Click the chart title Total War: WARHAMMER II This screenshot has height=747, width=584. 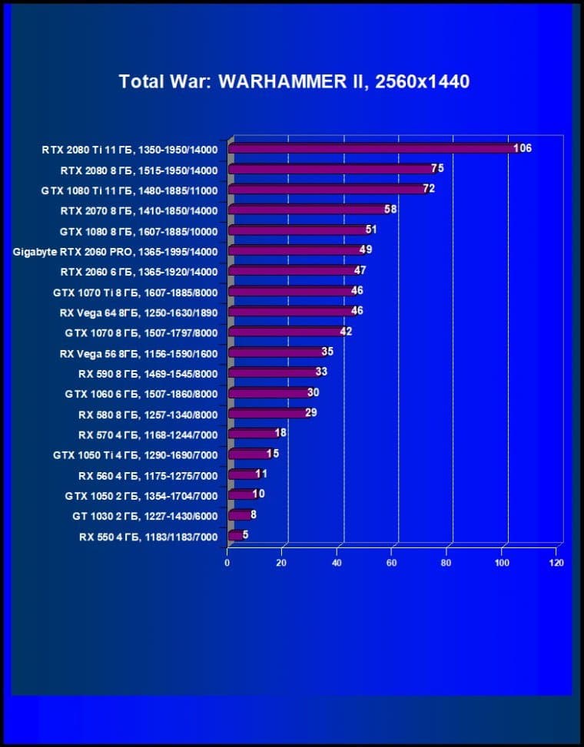(x=294, y=81)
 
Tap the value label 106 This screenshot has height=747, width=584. (x=523, y=148)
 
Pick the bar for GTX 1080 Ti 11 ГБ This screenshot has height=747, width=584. (x=327, y=190)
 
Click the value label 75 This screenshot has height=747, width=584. (x=438, y=168)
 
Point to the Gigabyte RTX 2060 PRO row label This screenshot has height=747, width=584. (x=115, y=251)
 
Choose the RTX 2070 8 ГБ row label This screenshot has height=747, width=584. (x=139, y=210)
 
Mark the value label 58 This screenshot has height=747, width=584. (x=390, y=209)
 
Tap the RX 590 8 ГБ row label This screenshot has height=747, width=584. (x=148, y=374)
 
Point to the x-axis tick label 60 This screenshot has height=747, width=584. (x=392, y=563)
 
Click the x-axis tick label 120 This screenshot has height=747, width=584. (x=556, y=563)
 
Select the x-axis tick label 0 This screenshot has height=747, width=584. (x=227, y=563)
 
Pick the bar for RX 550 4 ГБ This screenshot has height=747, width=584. (x=235, y=536)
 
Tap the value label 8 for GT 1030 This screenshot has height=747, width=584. (x=254, y=514)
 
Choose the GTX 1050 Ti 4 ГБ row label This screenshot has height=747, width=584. (x=135, y=455)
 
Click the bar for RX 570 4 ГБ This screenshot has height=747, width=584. (x=252, y=435)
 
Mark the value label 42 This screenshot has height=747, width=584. (x=346, y=331)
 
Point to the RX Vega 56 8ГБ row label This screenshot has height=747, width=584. (x=138, y=353)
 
